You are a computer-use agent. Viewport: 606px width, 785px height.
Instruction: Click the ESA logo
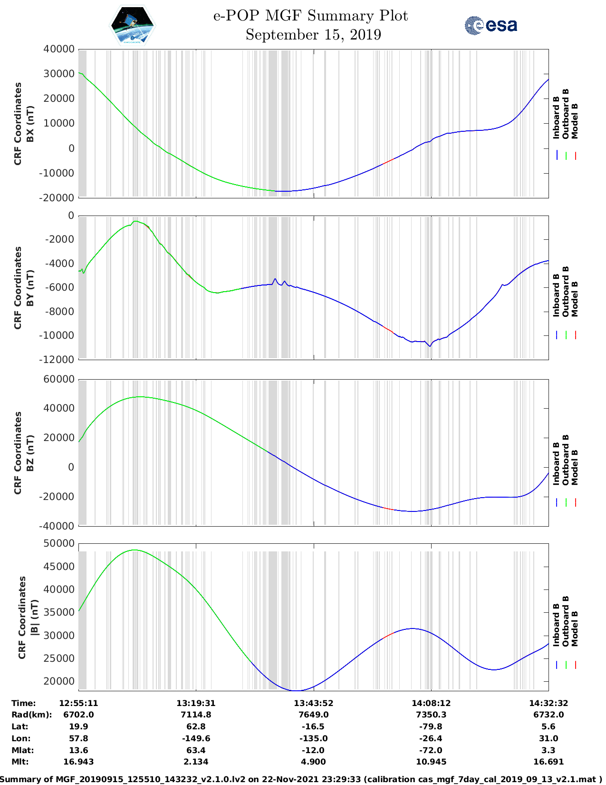coord(491,25)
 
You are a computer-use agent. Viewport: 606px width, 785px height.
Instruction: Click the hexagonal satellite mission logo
coord(133,25)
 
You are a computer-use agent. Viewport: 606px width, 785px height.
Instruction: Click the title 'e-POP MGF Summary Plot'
coord(310,16)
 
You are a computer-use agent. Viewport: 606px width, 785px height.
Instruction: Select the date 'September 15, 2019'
coord(313,35)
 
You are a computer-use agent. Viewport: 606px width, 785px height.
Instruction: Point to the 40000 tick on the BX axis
coord(59,49)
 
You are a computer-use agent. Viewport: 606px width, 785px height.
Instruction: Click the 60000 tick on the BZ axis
coord(59,379)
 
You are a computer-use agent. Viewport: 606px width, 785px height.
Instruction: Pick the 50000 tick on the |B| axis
coord(59,543)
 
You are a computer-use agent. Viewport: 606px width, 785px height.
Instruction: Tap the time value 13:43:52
coord(313,703)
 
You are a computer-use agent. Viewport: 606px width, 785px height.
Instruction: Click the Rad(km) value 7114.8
coord(196,715)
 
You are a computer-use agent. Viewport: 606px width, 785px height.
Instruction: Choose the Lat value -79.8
coord(431,726)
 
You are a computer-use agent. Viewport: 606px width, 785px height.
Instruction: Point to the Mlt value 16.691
coord(548,762)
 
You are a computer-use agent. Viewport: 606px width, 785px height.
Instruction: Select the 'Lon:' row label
coord(21,738)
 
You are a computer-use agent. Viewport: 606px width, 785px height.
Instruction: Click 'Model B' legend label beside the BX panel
coord(575,121)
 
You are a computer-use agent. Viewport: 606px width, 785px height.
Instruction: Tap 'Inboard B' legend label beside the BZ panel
coord(556,464)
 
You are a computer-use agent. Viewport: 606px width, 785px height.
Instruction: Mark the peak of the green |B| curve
coord(135,550)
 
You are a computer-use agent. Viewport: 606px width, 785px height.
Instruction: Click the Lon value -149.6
coord(196,738)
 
